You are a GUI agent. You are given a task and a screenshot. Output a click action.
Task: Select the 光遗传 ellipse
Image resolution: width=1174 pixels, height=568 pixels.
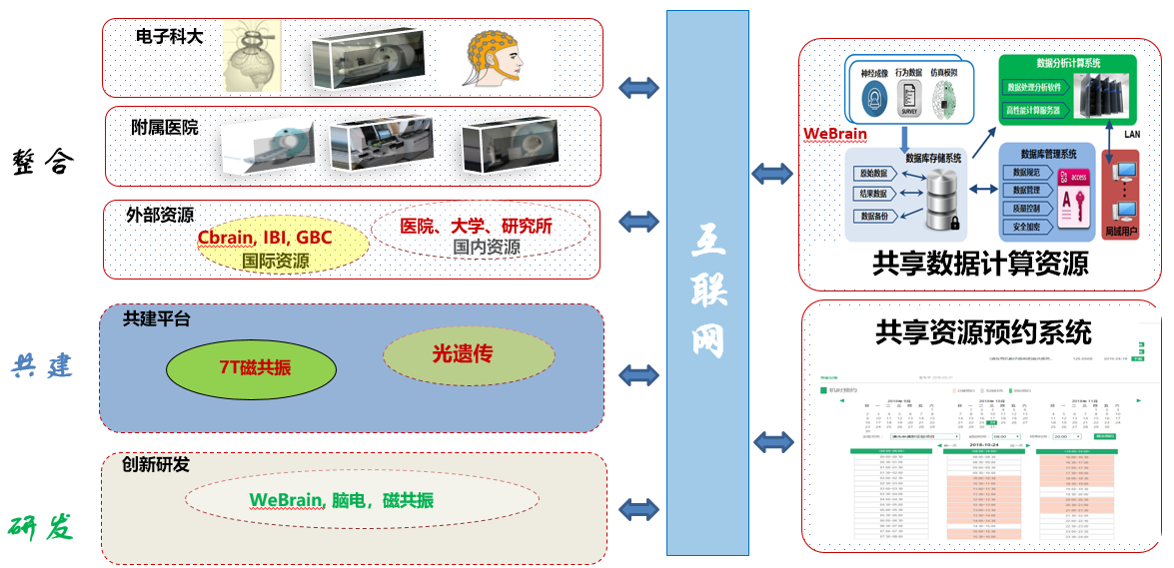pyautogui.click(x=469, y=353)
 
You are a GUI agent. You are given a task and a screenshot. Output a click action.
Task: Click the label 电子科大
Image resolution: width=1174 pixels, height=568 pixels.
pyautogui.click(x=169, y=36)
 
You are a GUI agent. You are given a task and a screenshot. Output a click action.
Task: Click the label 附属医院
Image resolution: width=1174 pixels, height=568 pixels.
pyautogui.click(x=165, y=127)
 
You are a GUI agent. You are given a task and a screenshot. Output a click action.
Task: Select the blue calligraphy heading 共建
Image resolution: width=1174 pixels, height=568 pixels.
pyautogui.click(x=42, y=365)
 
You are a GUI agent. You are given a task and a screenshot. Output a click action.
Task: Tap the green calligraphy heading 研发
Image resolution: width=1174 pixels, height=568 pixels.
pyautogui.click(x=42, y=526)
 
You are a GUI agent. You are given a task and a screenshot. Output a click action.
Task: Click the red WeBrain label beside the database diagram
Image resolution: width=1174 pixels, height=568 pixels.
pyautogui.click(x=835, y=134)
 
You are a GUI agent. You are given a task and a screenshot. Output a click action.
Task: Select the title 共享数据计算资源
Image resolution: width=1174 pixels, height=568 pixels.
pyautogui.click(x=980, y=264)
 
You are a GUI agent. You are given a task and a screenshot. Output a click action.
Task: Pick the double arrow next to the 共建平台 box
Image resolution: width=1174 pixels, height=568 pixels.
pyautogui.click(x=638, y=375)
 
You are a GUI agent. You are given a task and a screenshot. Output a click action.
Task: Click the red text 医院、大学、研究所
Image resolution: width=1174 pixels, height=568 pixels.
pyautogui.click(x=476, y=227)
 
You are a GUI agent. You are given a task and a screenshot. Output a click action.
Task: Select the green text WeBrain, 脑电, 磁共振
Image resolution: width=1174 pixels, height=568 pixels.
pyautogui.click(x=341, y=500)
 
